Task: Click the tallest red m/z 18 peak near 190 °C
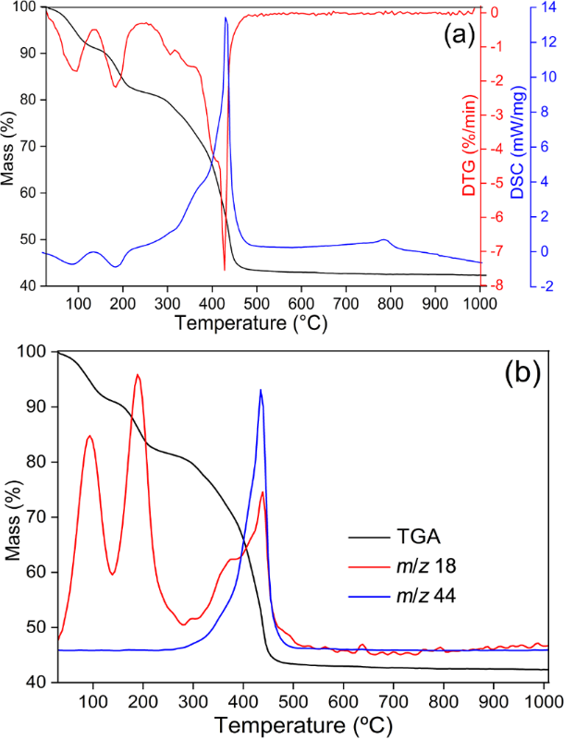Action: pyautogui.click(x=138, y=375)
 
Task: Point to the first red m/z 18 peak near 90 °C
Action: pyautogui.click(x=90, y=436)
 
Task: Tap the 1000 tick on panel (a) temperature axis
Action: pyautogui.click(x=480, y=303)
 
